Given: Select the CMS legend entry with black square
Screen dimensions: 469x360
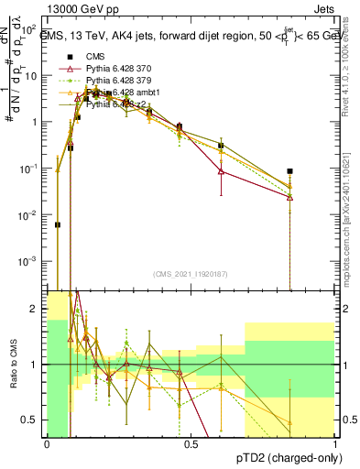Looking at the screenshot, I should [x=95, y=56].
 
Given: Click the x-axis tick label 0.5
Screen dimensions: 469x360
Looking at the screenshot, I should [x=191, y=444].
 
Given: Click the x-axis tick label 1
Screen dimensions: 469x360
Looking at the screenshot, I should [x=335, y=444].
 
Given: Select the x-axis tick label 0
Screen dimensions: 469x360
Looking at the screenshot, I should [x=47, y=444].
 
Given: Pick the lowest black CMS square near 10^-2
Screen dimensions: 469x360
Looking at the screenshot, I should [x=58, y=224].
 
